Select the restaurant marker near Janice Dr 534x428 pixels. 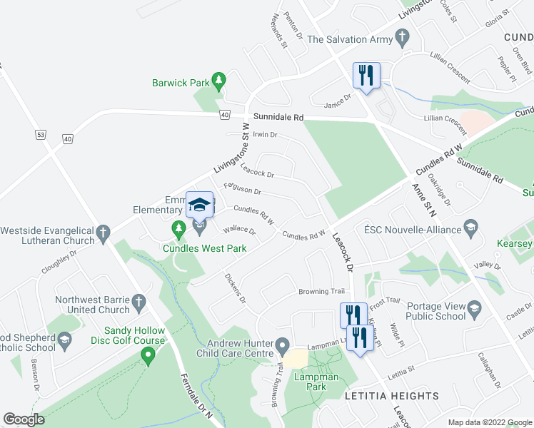coord(366,75)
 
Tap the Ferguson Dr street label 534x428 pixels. coord(242,189)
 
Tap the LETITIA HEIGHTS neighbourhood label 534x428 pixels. coord(392,395)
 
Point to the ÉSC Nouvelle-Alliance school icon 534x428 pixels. coord(470,228)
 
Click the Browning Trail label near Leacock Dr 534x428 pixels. coord(321,292)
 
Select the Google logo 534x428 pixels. coord(24,419)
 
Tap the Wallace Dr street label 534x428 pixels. coord(239,230)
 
